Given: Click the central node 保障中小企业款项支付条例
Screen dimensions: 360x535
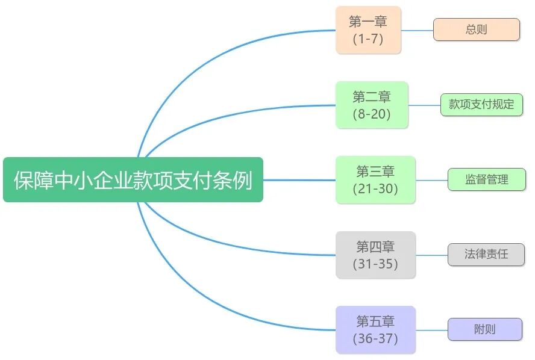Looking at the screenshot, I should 133,180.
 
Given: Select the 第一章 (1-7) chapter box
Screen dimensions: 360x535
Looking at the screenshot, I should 368,30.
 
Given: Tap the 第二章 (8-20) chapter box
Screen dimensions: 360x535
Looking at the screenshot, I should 372,105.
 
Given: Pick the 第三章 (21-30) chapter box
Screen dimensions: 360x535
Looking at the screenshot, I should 375,180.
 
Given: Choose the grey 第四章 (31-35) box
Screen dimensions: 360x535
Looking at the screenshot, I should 375,255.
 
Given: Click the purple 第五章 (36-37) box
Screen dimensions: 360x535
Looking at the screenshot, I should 375,329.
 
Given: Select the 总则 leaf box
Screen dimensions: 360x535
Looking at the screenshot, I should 476,29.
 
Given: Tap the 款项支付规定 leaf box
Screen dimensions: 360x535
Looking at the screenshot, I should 481,104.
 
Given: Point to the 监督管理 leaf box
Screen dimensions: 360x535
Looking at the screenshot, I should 486,179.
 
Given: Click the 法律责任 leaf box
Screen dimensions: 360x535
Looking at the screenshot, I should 486,255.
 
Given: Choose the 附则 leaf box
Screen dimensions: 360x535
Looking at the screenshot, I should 484,329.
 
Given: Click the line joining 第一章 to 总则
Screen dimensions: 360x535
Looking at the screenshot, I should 417,30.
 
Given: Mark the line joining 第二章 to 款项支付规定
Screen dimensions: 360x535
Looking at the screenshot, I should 424,105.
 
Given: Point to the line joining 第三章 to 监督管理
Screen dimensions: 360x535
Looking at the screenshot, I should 431,180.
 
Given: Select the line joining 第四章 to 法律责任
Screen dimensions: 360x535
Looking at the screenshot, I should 431,255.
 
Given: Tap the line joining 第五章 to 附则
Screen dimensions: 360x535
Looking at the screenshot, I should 431,329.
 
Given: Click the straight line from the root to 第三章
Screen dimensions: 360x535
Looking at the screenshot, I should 299,180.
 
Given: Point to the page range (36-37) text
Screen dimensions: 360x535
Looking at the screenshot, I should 375,338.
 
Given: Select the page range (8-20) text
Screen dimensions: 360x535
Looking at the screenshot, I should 372,114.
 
